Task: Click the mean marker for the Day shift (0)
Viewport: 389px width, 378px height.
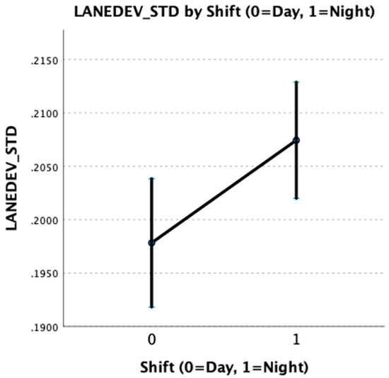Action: pyautogui.click(x=151, y=243)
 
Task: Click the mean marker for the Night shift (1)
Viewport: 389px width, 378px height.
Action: pyautogui.click(x=296, y=140)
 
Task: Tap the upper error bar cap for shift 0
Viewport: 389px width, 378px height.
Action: pyautogui.click(x=151, y=178)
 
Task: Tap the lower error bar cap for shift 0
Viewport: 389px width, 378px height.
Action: pyautogui.click(x=151, y=307)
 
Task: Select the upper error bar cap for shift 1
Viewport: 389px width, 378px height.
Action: pyautogui.click(x=296, y=81)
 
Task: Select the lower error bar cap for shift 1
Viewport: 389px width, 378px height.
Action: pyautogui.click(x=296, y=198)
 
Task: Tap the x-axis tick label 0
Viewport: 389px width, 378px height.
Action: pyautogui.click(x=151, y=341)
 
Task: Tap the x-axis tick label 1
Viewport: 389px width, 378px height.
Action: pyautogui.click(x=296, y=341)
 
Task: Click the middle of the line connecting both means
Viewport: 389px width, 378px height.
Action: pyautogui.click(x=223, y=191)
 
